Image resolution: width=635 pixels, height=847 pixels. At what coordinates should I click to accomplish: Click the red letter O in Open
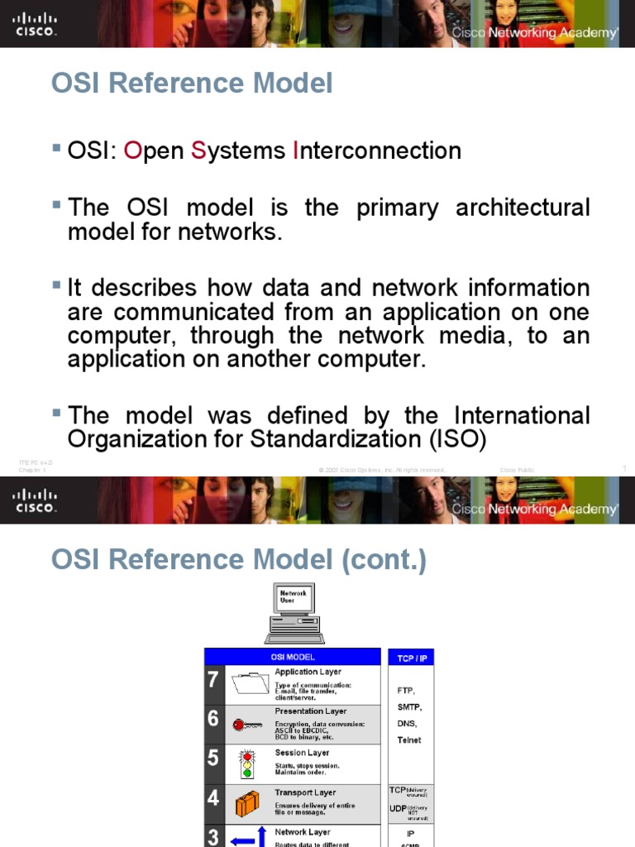[132, 151]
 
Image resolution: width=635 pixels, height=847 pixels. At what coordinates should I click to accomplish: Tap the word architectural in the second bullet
[523, 208]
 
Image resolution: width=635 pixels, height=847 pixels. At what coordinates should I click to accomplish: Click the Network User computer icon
[294, 611]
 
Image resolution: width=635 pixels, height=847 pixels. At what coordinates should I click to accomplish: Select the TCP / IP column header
[411, 657]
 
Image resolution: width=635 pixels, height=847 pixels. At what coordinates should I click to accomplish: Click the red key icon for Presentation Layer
[248, 725]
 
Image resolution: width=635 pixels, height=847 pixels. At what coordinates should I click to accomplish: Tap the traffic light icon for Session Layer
[246, 763]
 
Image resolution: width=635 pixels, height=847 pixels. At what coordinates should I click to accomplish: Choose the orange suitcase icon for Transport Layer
[247, 803]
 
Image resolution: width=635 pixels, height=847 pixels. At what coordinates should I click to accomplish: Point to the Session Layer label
[302, 753]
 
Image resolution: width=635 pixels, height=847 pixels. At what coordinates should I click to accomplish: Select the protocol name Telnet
[409, 740]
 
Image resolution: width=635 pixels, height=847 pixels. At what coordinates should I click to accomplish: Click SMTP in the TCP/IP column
[409, 707]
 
